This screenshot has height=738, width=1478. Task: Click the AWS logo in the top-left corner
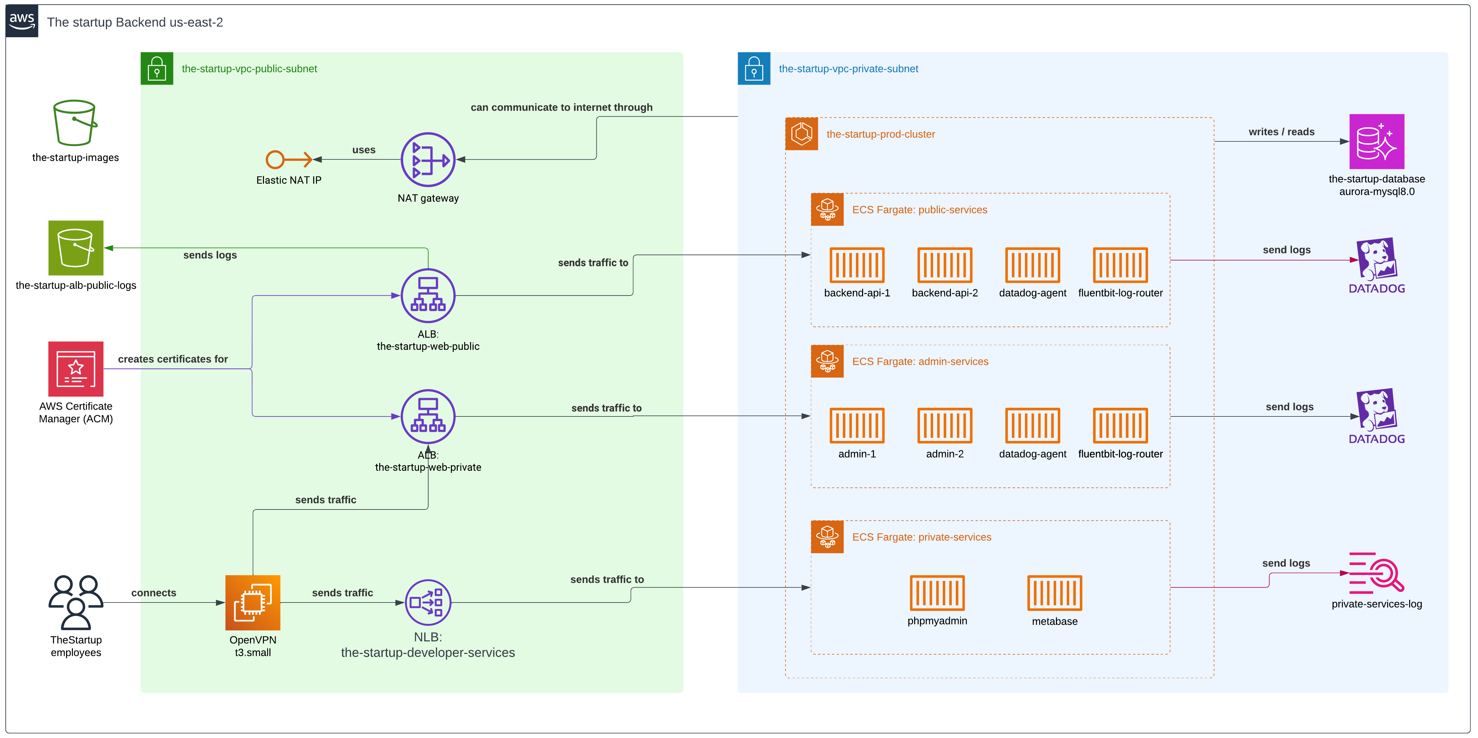22,21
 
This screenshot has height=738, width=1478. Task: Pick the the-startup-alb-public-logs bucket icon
76,248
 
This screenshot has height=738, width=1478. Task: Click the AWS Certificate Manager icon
76,369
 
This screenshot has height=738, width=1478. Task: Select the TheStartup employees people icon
76,602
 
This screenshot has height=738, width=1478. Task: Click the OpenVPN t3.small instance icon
252,602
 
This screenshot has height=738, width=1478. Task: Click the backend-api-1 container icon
857,265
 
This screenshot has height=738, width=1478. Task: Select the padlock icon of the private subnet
753,69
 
